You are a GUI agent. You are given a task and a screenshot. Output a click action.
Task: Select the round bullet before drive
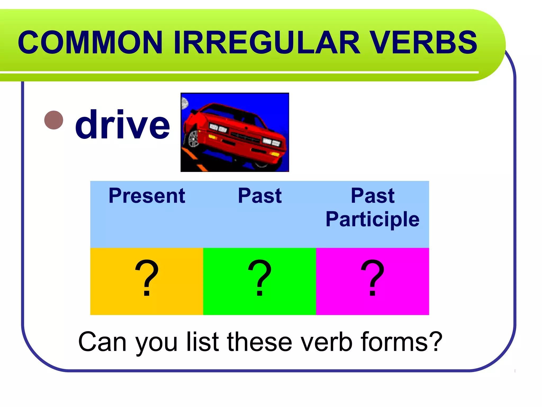(54, 120)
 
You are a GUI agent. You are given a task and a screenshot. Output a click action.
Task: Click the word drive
(122, 125)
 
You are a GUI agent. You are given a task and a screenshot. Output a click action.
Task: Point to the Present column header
(147, 196)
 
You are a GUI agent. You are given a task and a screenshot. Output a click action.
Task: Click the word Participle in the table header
(372, 219)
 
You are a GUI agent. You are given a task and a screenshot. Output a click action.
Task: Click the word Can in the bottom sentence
(102, 342)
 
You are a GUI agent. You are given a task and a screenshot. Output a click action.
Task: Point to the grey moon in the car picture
(184, 103)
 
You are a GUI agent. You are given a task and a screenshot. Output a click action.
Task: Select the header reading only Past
(260, 196)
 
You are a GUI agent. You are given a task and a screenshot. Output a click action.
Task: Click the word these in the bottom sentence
(260, 342)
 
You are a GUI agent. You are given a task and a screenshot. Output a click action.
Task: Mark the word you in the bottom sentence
(156, 343)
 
